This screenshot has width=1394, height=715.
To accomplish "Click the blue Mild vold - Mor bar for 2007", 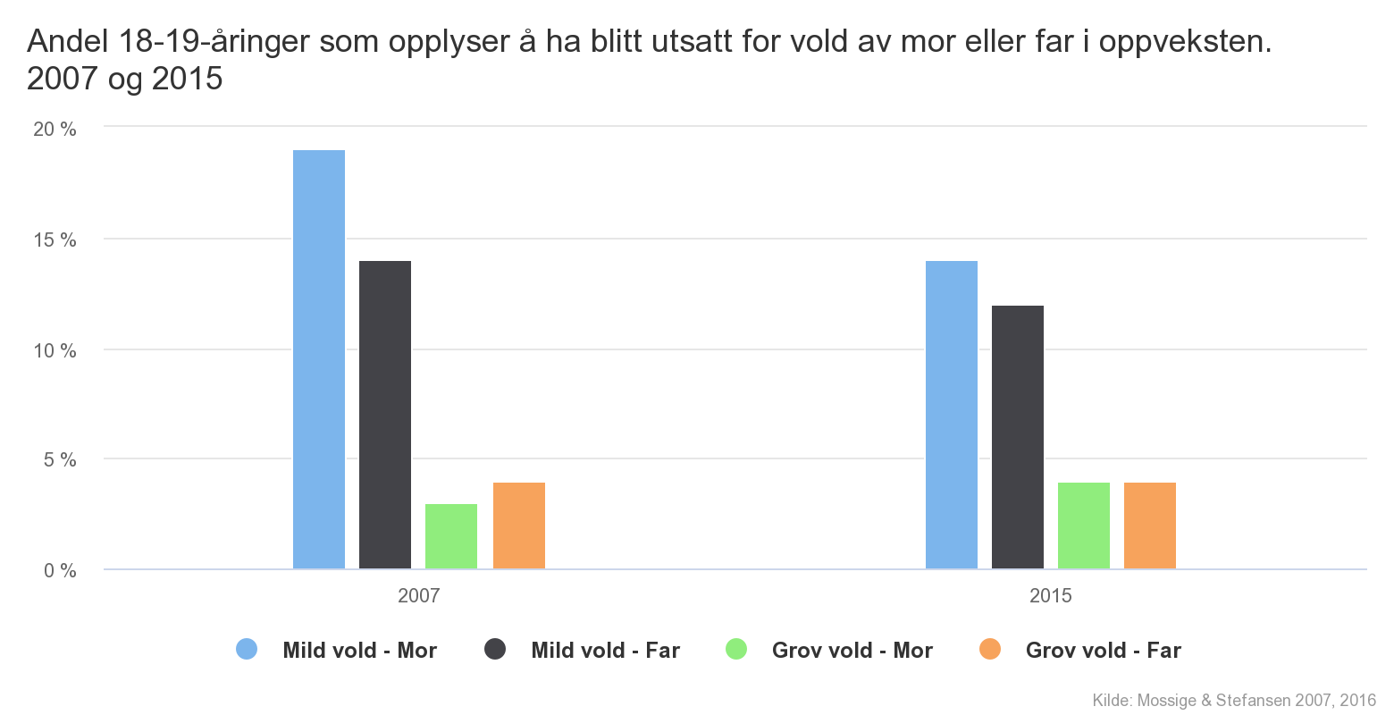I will click(x=319, y=359).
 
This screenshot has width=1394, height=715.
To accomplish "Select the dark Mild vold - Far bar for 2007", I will click(x=385, y=415).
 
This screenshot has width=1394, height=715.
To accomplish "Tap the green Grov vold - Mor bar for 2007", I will click(x=451, y=536).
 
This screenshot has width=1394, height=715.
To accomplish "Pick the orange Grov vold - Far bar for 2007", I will click(x=519, y=526).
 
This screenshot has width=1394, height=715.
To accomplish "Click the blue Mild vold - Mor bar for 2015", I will click(x=952, y=415).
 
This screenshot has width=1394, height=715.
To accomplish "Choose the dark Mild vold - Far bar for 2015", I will click(x=1018, y=437).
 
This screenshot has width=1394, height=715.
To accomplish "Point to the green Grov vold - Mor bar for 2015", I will click(x=1084, y=526).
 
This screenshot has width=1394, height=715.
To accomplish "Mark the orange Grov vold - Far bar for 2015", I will click(x=1150, y=526).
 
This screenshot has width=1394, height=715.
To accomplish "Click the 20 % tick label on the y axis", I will click(x=55, y=129).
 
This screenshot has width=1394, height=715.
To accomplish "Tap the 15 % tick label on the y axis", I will click(x=55, y=240).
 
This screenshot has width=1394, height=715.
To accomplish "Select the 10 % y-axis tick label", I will click(x=55, y=350).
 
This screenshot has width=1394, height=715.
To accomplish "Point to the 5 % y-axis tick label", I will click(x=59, y=460).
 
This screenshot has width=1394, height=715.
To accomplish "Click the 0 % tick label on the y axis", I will click(x=59, y=570).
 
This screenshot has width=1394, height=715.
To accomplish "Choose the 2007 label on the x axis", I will click(x=419, y=595).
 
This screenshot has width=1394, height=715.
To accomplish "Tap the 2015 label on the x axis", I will click(x=1051, y=595).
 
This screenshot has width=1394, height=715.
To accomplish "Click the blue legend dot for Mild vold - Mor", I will click(x=247, y=650).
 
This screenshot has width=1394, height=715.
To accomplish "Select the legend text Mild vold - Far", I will click(x=605, y=651).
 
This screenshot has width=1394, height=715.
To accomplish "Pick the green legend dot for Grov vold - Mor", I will click(x=736, y=650).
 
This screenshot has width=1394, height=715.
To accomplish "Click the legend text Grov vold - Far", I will click(x=1103, y=651).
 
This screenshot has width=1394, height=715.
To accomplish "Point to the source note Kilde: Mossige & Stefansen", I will click(x=1233, y=701).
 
